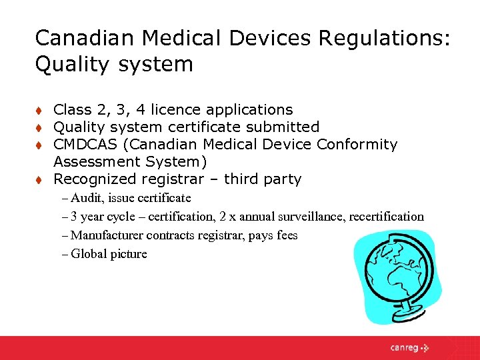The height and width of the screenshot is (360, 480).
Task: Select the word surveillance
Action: point(297,217)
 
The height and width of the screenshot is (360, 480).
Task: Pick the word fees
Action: point(285,235)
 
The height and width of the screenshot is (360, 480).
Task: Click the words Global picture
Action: point(109,254)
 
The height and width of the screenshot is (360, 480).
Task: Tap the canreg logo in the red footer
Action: point(409,347)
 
